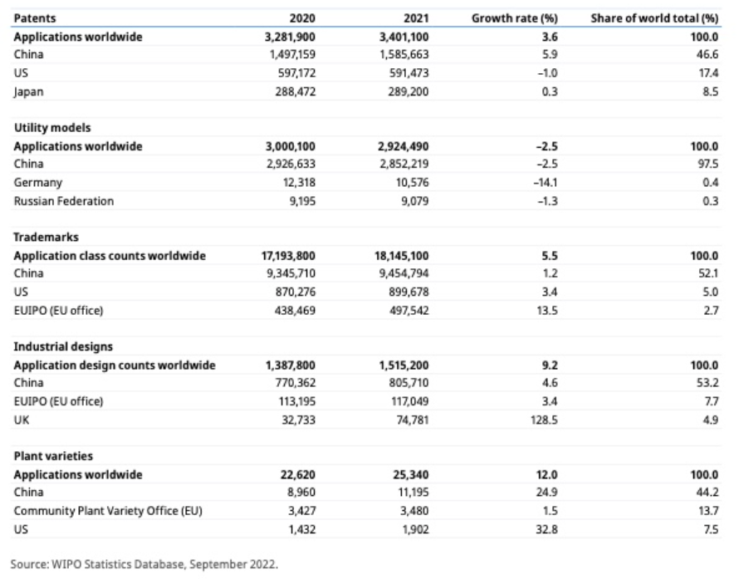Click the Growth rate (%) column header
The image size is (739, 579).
[514, 18]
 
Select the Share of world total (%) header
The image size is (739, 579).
[654, 18]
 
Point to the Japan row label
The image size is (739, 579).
[28, 92]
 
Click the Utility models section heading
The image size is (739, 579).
[51, 128]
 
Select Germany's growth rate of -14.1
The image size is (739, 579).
[546, 183]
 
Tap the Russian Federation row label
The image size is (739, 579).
[64, 201]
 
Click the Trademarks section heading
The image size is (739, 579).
[46, 237]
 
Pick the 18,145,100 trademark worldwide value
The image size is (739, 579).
[402, 256]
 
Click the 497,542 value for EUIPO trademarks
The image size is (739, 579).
[409, 311]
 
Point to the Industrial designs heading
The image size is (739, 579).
[63, 346]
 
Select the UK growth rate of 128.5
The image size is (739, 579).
[544, 420]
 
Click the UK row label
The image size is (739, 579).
[22, 420]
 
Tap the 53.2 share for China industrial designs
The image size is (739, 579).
[707, 383]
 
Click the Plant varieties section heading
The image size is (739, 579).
[53, 456]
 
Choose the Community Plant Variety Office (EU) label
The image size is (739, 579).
[108, 511]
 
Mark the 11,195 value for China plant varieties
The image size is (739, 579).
[414, 493]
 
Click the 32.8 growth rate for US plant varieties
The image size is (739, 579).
[546, 529]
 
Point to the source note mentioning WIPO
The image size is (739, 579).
[144, 564]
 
